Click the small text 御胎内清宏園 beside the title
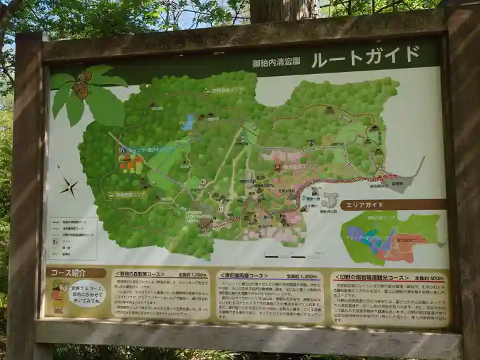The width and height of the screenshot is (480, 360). click(276, 63)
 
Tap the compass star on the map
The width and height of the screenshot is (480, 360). click(68, 187)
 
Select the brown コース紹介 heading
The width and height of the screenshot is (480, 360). click(76, 272)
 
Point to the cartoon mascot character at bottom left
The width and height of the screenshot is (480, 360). click(58, 297)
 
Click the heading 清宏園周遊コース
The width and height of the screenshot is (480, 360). click(244, 275)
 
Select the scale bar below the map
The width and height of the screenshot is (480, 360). click(285, 255)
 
